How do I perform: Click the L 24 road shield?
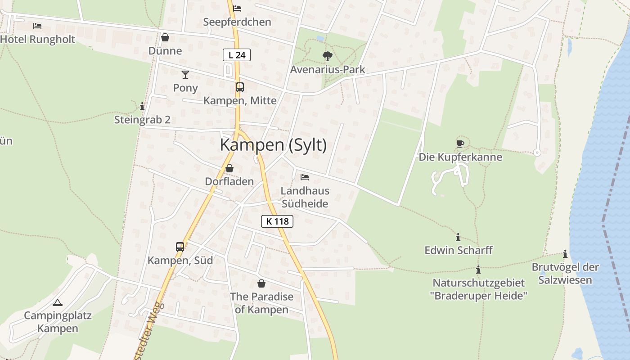(236, 55)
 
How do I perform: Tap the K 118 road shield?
(277, 221)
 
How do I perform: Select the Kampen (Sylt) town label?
(273, 145)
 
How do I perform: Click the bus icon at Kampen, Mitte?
(239, 87)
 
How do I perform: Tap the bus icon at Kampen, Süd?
(180, 247)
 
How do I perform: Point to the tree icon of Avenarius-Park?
(327, 56)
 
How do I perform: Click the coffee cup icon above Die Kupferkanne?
(460, 144)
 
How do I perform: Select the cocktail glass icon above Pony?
(185, 74)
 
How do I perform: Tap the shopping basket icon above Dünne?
(165, 37)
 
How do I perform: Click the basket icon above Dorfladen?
(229, 168)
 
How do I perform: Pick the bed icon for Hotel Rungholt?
(37, 26)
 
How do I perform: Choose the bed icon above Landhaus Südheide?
(305, 177)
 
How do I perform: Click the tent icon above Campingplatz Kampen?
(57, 302)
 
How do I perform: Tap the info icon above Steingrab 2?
(142, 106)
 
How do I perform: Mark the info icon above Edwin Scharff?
(458, 237)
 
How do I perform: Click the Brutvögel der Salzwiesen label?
(565, 274)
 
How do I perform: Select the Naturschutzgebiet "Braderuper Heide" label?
(478, 289)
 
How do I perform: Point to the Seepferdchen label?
(237, 22)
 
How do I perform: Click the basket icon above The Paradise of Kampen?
(261, 283)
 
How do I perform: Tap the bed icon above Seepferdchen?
(237, 9)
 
